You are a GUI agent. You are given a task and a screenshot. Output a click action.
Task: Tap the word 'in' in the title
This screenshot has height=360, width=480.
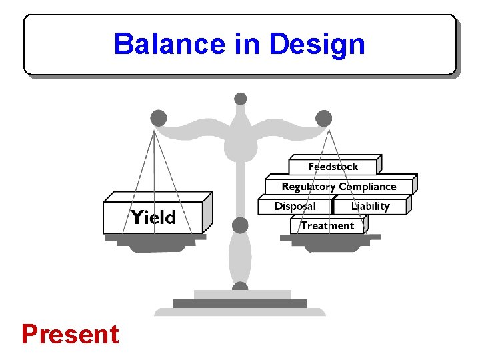click(246, 44)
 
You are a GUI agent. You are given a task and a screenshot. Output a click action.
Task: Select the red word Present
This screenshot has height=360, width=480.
click(70, 334)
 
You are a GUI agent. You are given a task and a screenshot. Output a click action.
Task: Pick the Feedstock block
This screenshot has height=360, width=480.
click(333, 167)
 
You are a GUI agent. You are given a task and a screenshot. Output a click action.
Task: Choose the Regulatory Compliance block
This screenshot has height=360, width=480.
click(339, 187)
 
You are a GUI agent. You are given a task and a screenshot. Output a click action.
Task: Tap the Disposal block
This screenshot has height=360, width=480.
click(295, 206)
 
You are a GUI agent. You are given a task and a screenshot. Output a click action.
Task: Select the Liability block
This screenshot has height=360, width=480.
click(370, 206)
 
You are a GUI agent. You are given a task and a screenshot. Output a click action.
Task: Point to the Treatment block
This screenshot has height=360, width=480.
click(327, 226)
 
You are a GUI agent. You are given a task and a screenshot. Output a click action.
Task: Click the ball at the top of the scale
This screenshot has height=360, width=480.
click(241, 99)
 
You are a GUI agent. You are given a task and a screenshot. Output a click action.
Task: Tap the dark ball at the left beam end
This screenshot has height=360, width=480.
click(158, 119)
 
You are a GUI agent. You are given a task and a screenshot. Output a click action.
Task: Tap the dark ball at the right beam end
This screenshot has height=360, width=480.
click(323, 119)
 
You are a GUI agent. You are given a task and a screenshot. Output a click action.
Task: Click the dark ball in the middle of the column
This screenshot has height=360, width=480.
click(240, 225)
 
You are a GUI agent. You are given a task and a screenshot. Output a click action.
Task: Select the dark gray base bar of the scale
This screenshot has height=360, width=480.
click(240, 304)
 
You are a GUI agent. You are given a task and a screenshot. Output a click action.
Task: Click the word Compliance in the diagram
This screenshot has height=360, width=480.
click(367, 187)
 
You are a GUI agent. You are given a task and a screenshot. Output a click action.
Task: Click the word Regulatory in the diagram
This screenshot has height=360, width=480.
click(309, 187)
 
